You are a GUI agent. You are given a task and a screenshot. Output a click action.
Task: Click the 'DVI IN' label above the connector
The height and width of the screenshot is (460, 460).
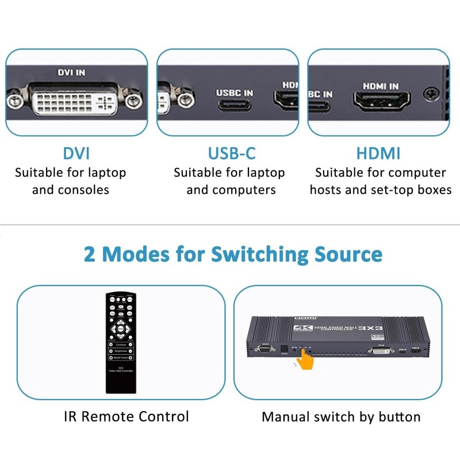click(71, 73)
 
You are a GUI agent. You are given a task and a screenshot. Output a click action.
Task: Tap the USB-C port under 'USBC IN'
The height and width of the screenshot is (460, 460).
click(233, 106)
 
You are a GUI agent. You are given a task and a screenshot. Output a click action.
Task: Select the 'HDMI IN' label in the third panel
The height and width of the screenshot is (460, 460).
click(380, 86)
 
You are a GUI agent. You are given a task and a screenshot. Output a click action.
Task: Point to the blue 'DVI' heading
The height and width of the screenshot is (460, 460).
click(76, 154)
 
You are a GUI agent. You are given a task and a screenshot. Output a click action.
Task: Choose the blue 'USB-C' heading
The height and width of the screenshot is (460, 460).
click(232, 154)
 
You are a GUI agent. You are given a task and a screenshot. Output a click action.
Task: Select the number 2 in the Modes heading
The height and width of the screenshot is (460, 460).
click(90, 254)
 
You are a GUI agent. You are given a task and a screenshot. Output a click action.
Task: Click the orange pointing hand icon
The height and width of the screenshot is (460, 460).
click(305, 361)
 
